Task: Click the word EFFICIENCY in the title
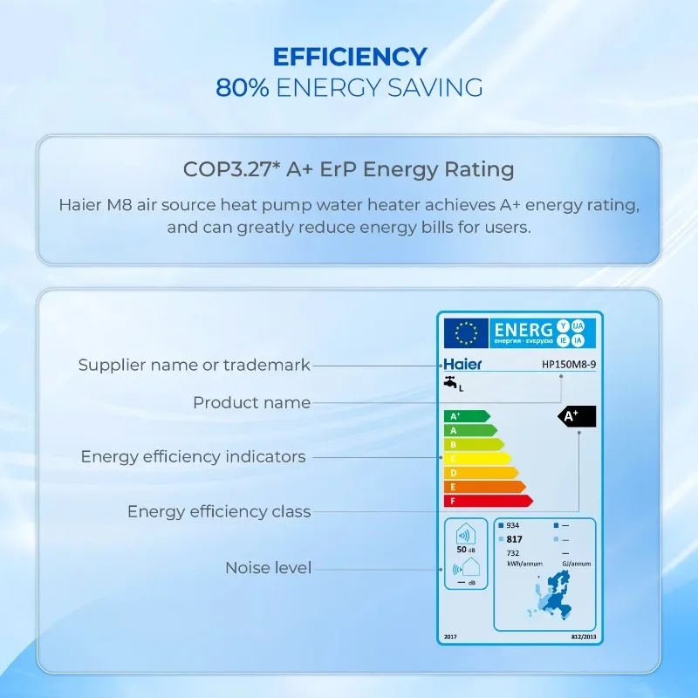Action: [x=349, y=58]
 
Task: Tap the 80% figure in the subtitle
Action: [x=243, y=87]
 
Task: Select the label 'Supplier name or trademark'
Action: [x=194, y=365]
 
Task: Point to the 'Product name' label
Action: [x=251, y=402]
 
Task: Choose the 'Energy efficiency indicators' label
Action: [x=193, y=456]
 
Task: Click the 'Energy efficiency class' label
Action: [x=219, y=511]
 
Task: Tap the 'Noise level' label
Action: [x=268, y=567]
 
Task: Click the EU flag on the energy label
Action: [x=466, y=332]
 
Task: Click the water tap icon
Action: [x=450, y=383]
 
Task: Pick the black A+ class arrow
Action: [x=576, y=416]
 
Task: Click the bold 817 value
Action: [x=514, y=539]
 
